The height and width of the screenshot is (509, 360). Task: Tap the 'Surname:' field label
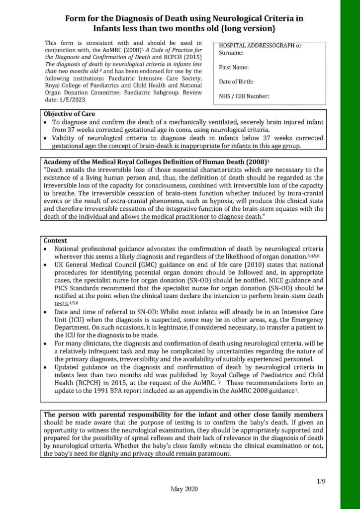231,52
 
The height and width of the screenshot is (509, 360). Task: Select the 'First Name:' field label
234,67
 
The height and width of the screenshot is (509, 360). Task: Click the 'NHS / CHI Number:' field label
244,96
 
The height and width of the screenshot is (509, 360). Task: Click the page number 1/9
321,482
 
